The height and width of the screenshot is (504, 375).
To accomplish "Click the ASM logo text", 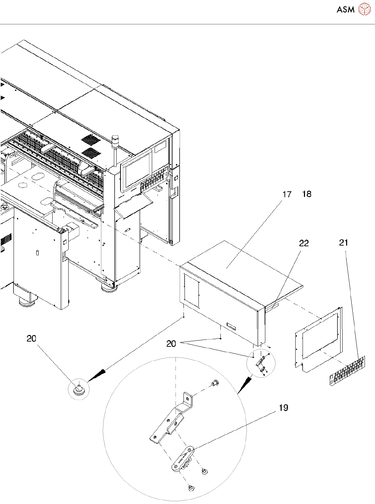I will click(x=345, y=10).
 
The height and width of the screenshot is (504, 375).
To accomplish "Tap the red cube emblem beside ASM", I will click(x=364, y=9).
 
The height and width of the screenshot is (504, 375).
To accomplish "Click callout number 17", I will click(x=287, y=194).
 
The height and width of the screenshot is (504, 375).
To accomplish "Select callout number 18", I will click(x=307, y=194).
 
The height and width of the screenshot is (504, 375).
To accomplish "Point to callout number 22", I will click(x=304, y=243).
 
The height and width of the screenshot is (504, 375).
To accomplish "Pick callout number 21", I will click(x=343, y=243).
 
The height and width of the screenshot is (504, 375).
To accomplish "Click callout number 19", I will click(x=283, y=408).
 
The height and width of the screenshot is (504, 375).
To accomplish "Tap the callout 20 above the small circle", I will click(x=31, y=339).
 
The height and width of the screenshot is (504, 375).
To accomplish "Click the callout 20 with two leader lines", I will click(x=171, y=344).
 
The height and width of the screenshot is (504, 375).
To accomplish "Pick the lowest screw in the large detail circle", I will click(x=191, y=488).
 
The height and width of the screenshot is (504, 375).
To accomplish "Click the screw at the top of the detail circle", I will click(x=214, y=383).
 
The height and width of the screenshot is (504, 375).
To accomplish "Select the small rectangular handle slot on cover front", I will click(x=231, y=327).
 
